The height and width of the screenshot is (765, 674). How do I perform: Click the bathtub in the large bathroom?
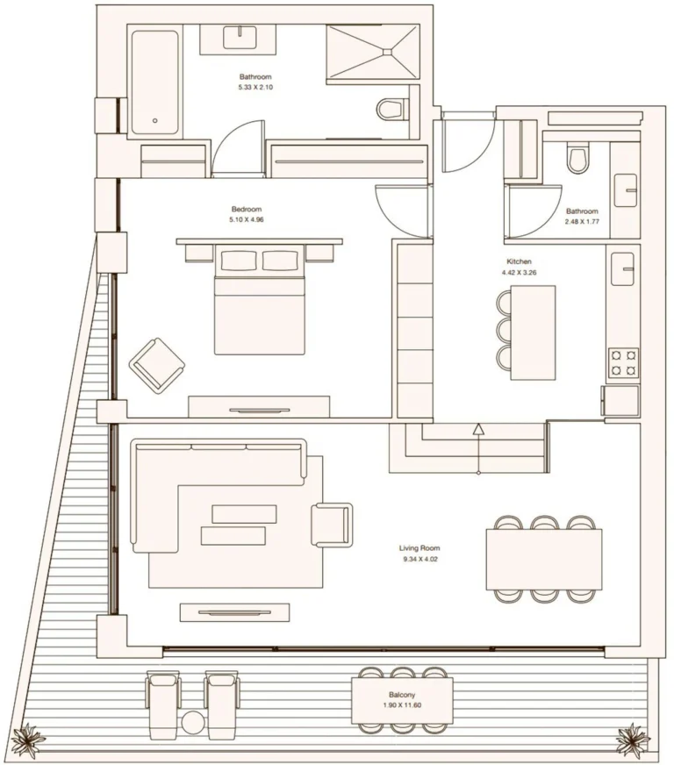tap(154, 82)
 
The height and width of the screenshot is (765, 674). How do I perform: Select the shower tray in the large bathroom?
tap(373, 51)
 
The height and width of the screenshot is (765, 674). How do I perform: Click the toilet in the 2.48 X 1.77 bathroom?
tap(577, 158)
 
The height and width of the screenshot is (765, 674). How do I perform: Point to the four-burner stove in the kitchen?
tap(623, 362)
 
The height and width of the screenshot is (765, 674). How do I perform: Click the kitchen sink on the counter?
tap(623, 268)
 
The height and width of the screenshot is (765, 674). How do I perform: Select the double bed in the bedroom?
tap(259, 300)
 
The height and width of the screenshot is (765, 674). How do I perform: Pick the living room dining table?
tap(544, 559)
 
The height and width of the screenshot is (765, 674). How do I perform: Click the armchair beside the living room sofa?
tap(332, 525)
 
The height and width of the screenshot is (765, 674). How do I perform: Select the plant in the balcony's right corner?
tap(634, 740)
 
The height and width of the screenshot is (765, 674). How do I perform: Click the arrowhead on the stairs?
tap(478, 429)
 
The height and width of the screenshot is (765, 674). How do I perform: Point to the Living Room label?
tap(419, 548)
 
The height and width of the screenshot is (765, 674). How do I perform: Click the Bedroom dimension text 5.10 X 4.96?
tap(247, 219)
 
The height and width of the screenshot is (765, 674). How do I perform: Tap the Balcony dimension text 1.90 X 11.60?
tap(402, 705)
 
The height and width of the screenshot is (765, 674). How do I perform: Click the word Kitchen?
tap(519, 261)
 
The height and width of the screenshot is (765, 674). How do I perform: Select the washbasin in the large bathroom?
tap(240, 38)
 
